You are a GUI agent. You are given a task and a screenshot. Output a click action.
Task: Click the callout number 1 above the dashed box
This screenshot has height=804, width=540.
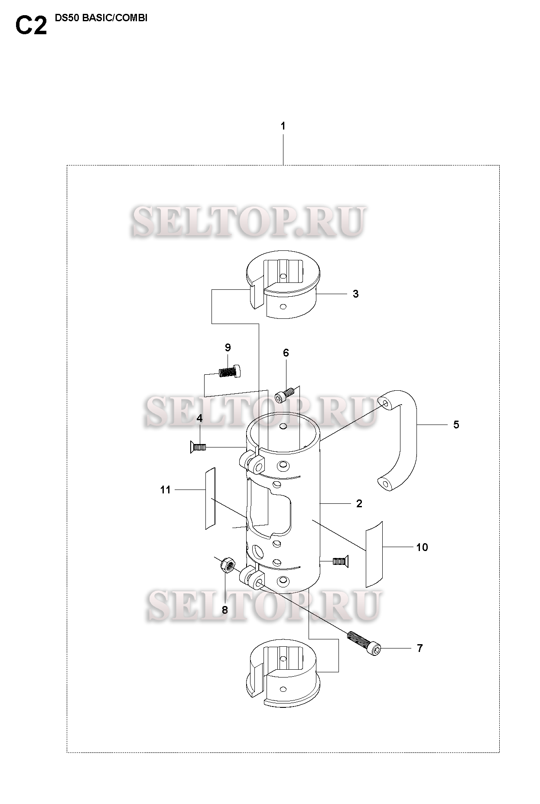pyautogui.click(x=283, y=126)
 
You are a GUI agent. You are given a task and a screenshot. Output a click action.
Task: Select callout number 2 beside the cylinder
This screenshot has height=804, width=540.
pyautogui.click(x=359, y=503)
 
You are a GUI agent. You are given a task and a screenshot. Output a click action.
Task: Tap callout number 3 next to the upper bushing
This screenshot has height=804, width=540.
pyautogui.click(x=355, y=294)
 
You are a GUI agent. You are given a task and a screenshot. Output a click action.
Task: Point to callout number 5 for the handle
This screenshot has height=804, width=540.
pyautogui.click(x=456, y=425)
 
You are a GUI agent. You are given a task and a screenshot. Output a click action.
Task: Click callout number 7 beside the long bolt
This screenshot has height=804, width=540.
pyautogui.click(x=420, y=648)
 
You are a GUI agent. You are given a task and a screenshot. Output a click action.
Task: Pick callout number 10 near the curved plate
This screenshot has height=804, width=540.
pyautogui.click(x=422, y=547)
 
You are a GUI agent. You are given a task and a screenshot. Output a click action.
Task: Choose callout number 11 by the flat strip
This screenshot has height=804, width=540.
pyautogui.click(x=165, y=490)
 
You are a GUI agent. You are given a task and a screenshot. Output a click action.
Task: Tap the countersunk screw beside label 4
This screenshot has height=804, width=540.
pyautogui.click(x=197, y=447)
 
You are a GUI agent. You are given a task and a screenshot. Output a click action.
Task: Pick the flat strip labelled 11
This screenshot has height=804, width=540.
pyautogui.click(x=210, y=498)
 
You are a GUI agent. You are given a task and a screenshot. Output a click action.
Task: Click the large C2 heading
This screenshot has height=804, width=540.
pyautogui.click(x=31, y=26)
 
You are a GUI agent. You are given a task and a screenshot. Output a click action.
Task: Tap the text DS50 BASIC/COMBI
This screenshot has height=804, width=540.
pyautogui.click(x=101, y=19)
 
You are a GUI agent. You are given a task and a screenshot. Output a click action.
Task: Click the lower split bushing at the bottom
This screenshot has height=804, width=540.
pyautogui.click(x=282, y=680)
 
